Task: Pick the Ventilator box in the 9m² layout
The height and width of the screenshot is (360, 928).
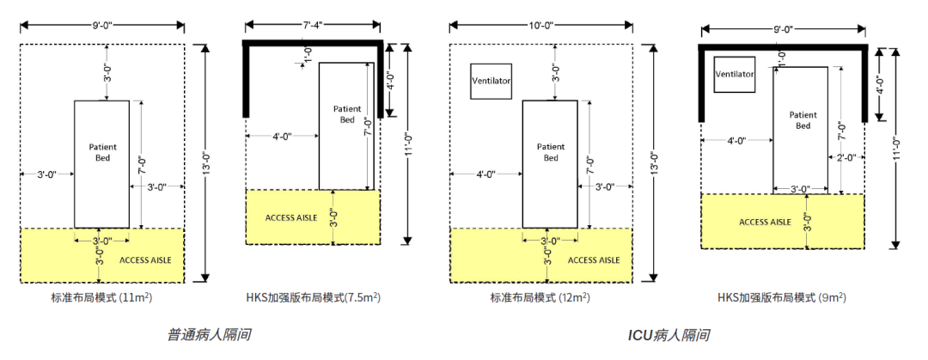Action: tap(735, 74)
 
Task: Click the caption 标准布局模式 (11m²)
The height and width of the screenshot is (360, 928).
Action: tap(101, 298)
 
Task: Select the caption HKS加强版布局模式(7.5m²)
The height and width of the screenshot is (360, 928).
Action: tap(314, 298)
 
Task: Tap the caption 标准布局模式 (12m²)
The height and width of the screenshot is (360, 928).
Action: tap(540, 298)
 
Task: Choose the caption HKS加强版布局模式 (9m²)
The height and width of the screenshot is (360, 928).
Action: tap(782, 298)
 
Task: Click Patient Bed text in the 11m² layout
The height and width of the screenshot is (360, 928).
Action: tap(103, 151)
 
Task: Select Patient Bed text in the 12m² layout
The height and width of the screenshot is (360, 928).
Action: tap(551, 151)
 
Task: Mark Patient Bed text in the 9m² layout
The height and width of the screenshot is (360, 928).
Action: tap(803, 120)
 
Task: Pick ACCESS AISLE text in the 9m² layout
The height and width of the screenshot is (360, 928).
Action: tap(765, 222)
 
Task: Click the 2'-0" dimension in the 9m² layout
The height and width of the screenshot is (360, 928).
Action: tap(846, 157)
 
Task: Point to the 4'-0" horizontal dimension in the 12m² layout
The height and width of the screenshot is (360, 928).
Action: tap(485, 174)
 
